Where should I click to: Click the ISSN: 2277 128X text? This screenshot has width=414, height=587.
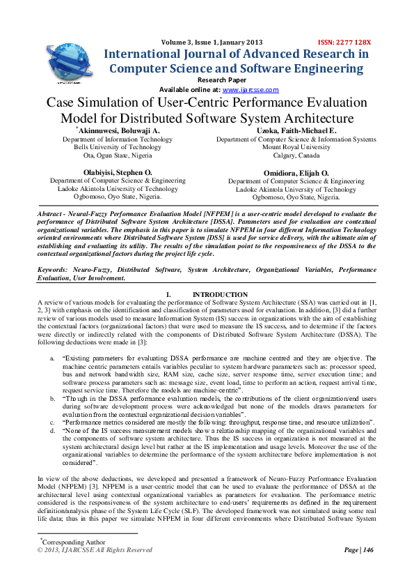(345, 43)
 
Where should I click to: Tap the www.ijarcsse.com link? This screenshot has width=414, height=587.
(250, 90)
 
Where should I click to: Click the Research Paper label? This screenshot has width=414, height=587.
(206, 81)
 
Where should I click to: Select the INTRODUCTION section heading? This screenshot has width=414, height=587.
(220, 295)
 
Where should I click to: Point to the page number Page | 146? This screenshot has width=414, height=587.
(359, 550)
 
